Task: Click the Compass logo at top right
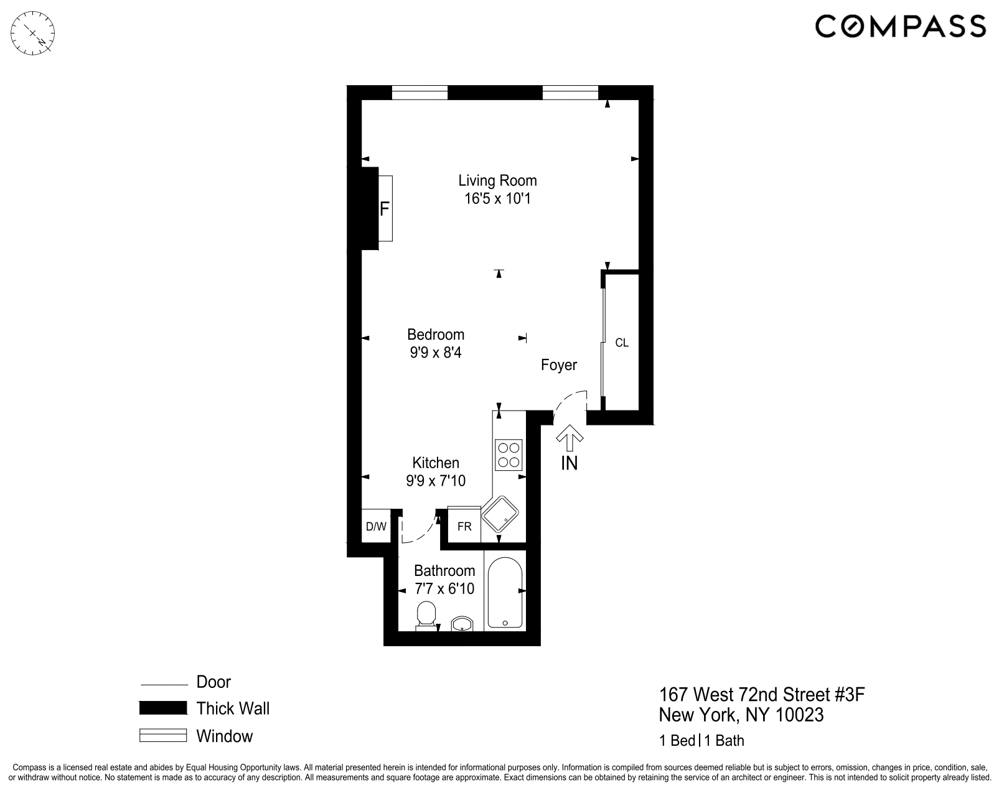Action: tap(900, 27)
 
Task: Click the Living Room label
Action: tap(497, 180)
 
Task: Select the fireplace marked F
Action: tap(384, 208)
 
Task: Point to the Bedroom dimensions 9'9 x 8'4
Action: tap(435, 353)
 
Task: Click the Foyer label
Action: tap(558, 365)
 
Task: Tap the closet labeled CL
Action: tap(621, 343)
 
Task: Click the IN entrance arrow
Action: tap(569, 438)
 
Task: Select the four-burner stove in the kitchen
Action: tap(509, 454)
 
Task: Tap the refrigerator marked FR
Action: tap(464, 527)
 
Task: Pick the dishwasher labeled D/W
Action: tap(376, 527)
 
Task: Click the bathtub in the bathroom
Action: tap(505, 593)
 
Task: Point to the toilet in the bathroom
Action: tap(426, 614)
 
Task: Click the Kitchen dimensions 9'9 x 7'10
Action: tap(436, 481)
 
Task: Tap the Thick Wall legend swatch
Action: tap(163, 708)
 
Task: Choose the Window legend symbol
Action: tap(163, 736)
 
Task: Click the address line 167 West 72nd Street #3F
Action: tap(762, 694)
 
